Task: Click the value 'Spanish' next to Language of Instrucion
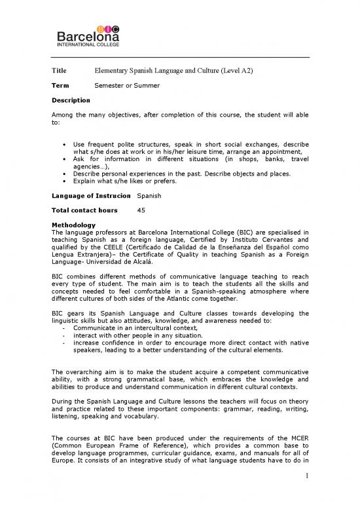click(151, 197)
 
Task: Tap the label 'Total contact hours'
click(84, 210)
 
